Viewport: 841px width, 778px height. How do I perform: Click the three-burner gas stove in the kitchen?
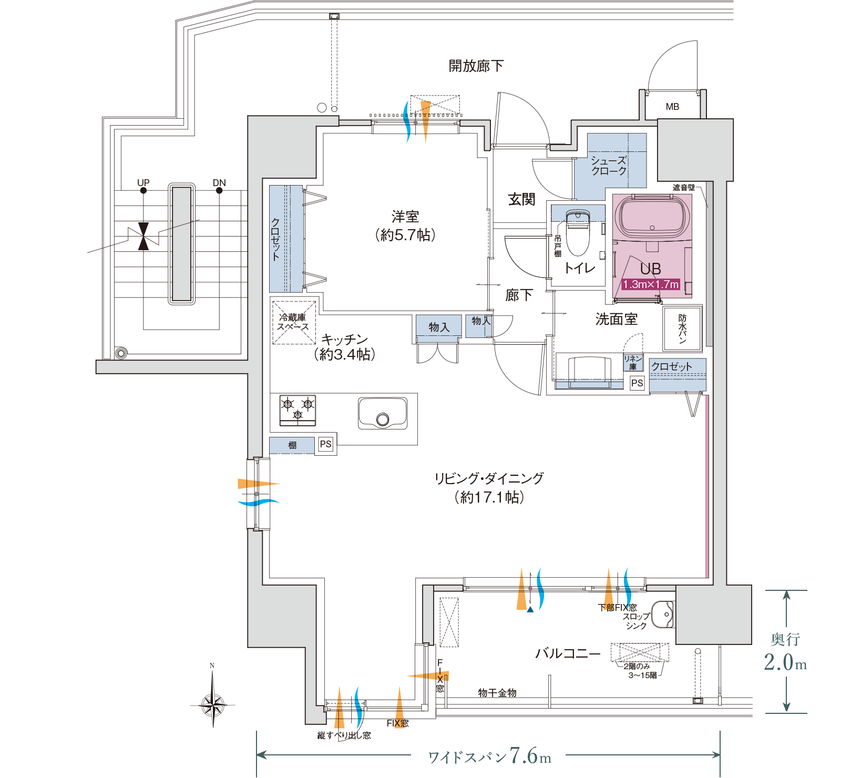tap(298, 410)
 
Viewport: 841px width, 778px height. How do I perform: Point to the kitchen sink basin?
tap(383, 413)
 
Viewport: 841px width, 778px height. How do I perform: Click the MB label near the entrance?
tap(672, 107)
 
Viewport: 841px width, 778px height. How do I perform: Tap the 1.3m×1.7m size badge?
tap(651, 284)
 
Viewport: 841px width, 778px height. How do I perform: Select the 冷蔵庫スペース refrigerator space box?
tap(294, 322)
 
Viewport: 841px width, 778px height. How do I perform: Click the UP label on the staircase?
tap(143, 182)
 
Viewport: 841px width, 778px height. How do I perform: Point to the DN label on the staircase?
tap(219, 182)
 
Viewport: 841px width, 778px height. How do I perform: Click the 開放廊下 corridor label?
tap(476, 66)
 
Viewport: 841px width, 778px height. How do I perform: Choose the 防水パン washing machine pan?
tap(682, 329)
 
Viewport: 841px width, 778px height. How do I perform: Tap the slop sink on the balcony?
tap(663, 613)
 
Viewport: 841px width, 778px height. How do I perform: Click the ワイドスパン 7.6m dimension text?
tap(489, 756)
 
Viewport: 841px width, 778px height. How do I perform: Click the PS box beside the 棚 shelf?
tap(326, 444)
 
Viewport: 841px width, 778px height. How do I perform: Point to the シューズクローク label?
tap(609, 166)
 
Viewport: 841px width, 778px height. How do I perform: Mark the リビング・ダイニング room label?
tap(489, 478)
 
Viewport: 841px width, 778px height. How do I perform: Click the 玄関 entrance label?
tap(521, 199)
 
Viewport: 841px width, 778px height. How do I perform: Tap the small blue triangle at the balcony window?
tap(530, 609)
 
